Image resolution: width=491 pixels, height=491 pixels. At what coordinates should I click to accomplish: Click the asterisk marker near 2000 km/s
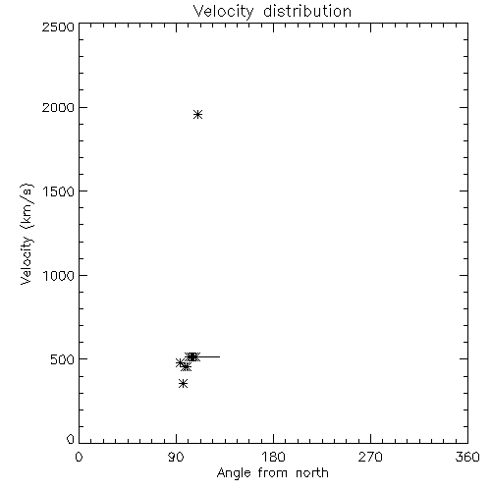pyautogui.click(x=197, y=115)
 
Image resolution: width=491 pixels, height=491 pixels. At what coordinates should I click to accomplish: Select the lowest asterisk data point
pyautogui.click(x=184, y=384)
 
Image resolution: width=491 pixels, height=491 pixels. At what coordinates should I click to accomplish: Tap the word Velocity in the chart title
pyautogui.click(x=224, y=12)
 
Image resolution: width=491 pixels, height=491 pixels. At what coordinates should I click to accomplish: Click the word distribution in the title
pyautogui.click(x=307, y=11)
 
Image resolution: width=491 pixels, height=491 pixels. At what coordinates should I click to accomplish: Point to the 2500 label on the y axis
pyautogui.click(x=58, y=27)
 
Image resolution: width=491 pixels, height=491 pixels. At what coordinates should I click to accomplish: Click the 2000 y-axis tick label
pyautogui.click(x=58, y=107)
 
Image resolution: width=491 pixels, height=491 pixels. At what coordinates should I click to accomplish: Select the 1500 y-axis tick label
pyautogui.click(x=59, y=191)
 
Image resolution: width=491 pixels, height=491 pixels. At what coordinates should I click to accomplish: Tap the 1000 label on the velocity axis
pyautogui.click(x=59, y=275)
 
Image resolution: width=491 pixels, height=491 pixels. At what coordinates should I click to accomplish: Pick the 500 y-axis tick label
pyautogui.click(x=63, y=359)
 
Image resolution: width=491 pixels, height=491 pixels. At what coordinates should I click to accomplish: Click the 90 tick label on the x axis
pyautogui.click(x=176, y=457)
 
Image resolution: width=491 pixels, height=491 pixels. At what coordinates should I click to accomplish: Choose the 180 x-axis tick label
pyautogui.click(x=273, y=457)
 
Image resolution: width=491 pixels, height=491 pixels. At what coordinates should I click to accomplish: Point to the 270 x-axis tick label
pyautogui.click(x=370, y=457)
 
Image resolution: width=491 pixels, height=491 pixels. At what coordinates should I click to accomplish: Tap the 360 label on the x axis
pyautogui.click(x=467, y=457)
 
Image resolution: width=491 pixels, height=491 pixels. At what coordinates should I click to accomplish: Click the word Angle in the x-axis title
pyautogui.click(x=234, y=473)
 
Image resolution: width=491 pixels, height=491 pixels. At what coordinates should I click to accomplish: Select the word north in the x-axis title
pyautogui.click(x=312, y=473)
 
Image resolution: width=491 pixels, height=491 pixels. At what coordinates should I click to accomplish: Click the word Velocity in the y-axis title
pyautogui.click(x=27, y=260)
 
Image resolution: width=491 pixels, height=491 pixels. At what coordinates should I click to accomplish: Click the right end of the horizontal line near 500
pyautogui.click(x=220, y=356)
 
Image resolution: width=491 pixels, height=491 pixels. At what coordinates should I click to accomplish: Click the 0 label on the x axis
pyautogui.click(x=79, y=457)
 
